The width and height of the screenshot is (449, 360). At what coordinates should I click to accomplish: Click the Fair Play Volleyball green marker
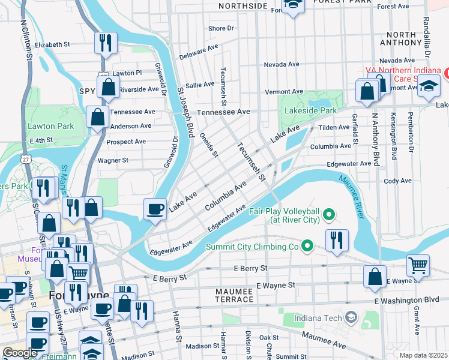[328, 214]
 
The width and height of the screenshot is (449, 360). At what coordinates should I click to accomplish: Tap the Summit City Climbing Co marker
[307, 246]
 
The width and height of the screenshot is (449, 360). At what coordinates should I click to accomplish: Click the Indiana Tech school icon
[351, 317]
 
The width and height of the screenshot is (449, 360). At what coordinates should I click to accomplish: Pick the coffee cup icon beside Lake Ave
[156, 209]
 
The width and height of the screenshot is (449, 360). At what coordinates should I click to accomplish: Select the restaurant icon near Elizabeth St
[106, 43]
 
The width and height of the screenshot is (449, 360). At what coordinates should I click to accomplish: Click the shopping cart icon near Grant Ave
[418, 265]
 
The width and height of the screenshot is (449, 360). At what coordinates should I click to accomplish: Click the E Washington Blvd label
[406, 299]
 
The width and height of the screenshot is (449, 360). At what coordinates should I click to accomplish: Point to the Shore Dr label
[220, 28]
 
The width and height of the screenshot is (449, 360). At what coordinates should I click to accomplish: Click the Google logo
[19, 353]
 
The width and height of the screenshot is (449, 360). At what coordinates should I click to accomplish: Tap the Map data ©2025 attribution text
[423, 355]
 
